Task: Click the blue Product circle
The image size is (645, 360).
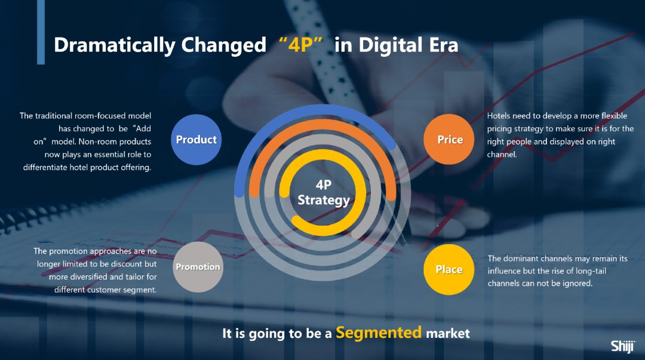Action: coord(196,140)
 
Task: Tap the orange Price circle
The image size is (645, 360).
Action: coord(449,140)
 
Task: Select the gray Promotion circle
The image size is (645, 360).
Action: coord(198,267)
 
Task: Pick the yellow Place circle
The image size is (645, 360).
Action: coord(449,269)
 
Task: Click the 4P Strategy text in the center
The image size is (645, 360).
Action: coord(323,192)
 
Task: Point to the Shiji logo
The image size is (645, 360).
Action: coord(623,346)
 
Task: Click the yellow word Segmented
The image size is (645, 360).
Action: coord(379,332)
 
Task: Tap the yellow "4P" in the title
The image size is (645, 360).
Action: coord(300,44)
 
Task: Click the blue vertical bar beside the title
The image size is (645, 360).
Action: coord(41,32)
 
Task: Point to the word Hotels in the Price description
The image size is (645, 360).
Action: coord(498,116)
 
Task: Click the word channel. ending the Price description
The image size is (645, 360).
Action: coord(502,154)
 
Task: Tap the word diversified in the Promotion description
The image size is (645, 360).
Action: coord(88,276)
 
